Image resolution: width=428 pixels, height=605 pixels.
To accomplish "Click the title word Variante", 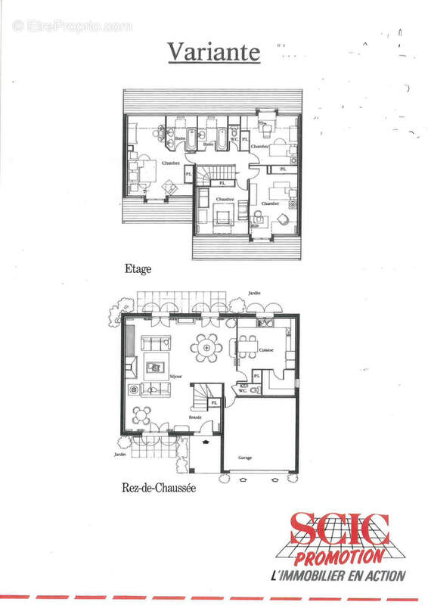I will pyautogui.click(x=213, y=52).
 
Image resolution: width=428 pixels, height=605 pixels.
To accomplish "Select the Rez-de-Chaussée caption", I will pyautogui.click(x=159, y=489).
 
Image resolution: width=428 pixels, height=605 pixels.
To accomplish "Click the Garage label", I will pyautogui.click(x=245, y=458).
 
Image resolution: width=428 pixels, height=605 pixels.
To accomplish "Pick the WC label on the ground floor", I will pyautogui.click(x=243, y=390).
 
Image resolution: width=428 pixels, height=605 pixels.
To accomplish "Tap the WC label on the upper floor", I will pyautogui.click(x=234, y=139).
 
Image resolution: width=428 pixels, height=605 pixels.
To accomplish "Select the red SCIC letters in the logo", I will pyautogui.click(x=340, y=530).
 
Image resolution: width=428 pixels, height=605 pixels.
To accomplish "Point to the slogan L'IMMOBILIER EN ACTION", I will pyautogui.click(x=338, y=576).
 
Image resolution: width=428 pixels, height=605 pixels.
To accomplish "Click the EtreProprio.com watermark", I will pyautogui.click(x=73, y=26).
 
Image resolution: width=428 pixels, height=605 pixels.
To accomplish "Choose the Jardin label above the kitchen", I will pyautogui.click(x=256, y=293).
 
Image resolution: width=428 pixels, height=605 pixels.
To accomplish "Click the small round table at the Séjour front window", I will pyautogui.click(x=142, y=414).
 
